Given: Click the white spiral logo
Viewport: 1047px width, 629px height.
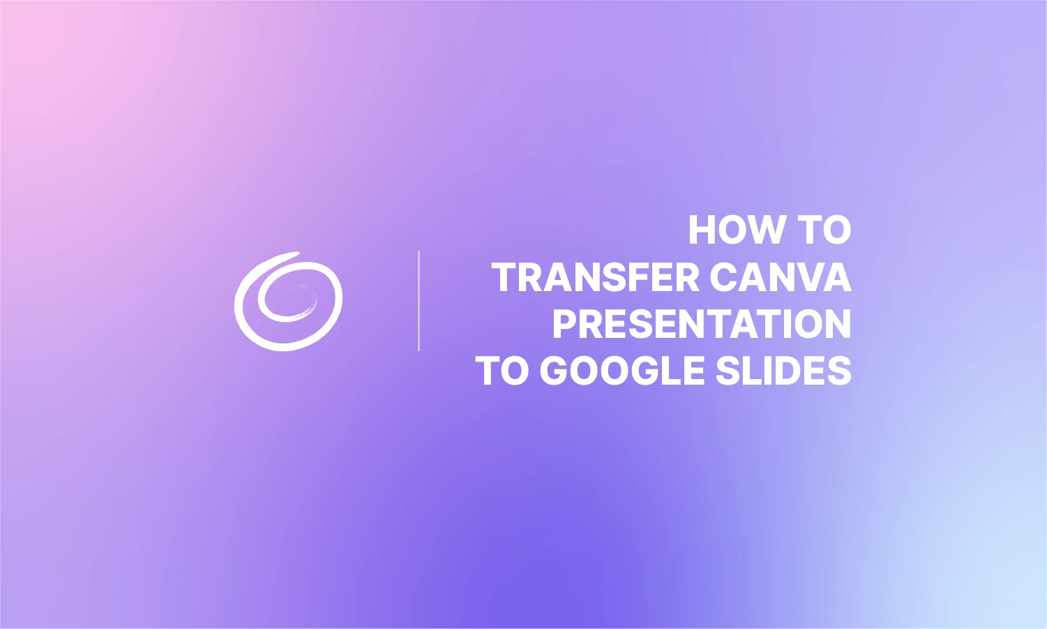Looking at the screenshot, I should tap(288, 301).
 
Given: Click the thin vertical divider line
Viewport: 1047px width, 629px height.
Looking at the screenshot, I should tap(419, 301).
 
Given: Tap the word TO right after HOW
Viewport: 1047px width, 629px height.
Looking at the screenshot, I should tap(824, 230).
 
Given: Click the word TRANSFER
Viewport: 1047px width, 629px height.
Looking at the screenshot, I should tap(596, 277).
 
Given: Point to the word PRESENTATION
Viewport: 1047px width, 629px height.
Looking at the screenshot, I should tap(702, 324).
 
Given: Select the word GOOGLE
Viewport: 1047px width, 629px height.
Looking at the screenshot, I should tap(622, 371).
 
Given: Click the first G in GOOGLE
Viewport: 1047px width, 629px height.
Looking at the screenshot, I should tap(555, 371).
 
